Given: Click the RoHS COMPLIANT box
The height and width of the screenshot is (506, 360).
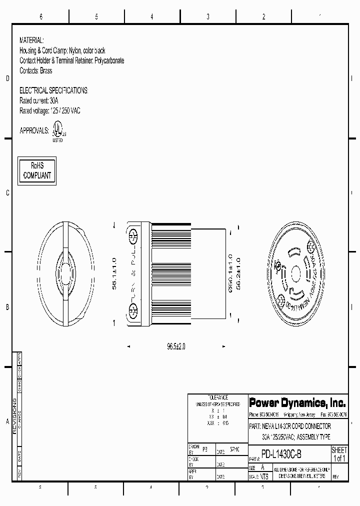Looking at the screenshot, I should coord(37,170).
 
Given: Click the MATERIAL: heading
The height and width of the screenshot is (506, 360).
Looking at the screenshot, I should coord(31,39).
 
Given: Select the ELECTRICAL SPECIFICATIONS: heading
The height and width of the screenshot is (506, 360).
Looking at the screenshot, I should coord(53,90).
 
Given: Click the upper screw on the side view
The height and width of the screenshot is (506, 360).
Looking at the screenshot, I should coord(133,235).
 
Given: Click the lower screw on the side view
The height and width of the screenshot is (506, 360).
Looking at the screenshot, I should coord(133,312).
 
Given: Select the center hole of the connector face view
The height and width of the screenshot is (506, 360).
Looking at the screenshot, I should coord(294,274).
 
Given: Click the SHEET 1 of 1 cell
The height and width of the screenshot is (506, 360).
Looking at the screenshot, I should coord(339,454).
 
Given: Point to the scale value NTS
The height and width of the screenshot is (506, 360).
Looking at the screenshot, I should coord(264,476).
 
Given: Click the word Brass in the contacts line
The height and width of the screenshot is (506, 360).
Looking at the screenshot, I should coord(46,71).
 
